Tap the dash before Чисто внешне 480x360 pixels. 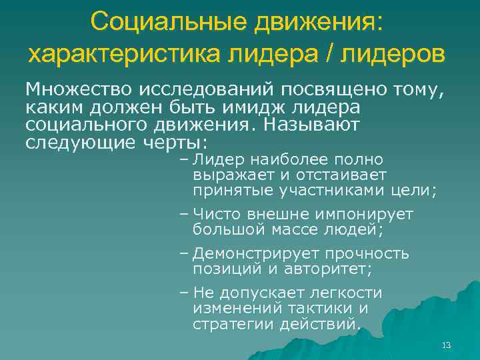coord(184,215)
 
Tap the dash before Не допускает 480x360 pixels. coord(184,293)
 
